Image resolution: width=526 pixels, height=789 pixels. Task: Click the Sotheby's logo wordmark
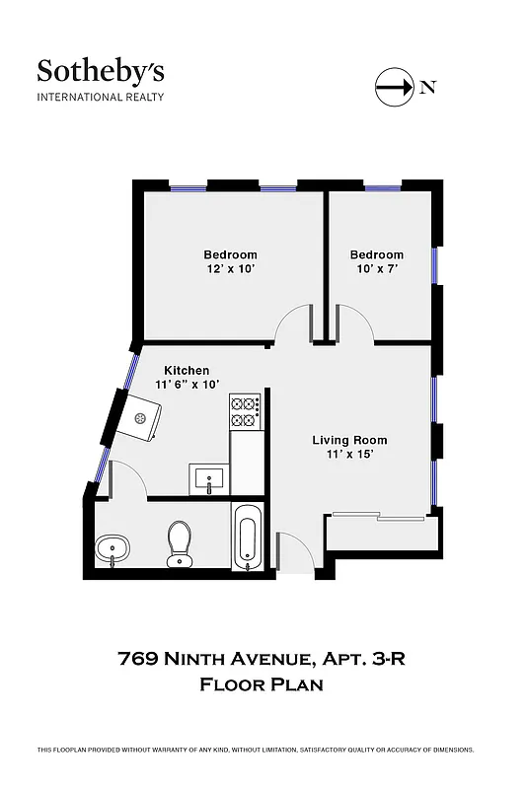click(x=101, y=71)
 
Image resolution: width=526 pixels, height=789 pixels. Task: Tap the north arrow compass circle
click(x=394, y=87)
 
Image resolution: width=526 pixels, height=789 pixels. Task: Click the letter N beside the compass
click(x=427, y=87)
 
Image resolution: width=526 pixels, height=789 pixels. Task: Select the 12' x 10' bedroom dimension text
click(x=231, y=269)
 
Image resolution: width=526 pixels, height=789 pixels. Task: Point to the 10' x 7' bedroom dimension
click(x=376, y=269)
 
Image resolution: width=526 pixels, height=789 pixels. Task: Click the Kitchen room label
click(x=187, y=370)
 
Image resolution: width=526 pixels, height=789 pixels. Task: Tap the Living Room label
click(x=349, y=440)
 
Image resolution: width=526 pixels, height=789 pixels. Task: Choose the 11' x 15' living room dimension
click(x=349, y=455)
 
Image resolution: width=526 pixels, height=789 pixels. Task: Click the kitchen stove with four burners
click(x=244, y=412)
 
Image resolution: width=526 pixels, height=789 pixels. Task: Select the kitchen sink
click(x=209, y=480)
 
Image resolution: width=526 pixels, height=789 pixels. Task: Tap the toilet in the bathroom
click(x=179, y=543)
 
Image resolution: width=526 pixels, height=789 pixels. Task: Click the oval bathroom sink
click(x=112, y=548)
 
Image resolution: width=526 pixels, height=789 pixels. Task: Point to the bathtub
click(x=247, y=538)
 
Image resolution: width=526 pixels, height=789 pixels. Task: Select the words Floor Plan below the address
click(x=263, y=683)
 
